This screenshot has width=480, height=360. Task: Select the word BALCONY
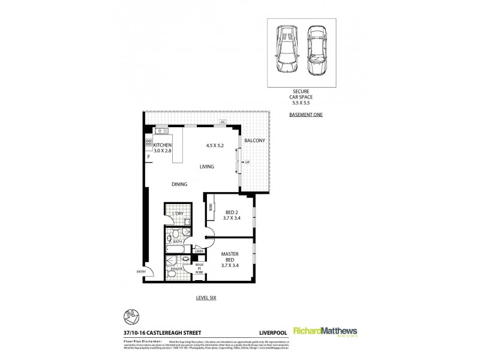[254, 141]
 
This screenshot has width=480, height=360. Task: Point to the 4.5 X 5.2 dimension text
[215, 145]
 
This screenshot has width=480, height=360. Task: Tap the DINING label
[179, 184]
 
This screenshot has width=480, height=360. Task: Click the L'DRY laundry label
[178, 214]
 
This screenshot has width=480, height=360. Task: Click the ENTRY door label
[141, 272]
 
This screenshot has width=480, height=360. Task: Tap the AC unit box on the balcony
[222, 122]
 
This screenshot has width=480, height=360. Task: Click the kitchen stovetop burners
[148, 143]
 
